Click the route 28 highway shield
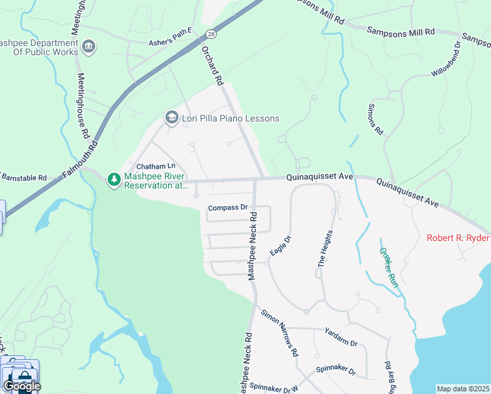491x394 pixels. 210,33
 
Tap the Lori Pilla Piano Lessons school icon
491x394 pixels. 171,118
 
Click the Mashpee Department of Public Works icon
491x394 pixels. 89,47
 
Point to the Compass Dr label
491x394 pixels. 227,208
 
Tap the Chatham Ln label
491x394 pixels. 156,167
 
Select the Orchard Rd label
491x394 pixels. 213,66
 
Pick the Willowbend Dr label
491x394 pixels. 446,59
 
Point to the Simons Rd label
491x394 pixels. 375,119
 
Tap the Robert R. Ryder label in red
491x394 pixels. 458,238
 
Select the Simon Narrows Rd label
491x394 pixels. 280,332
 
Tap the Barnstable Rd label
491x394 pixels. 24,177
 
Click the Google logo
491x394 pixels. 21,385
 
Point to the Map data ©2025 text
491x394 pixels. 462,389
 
